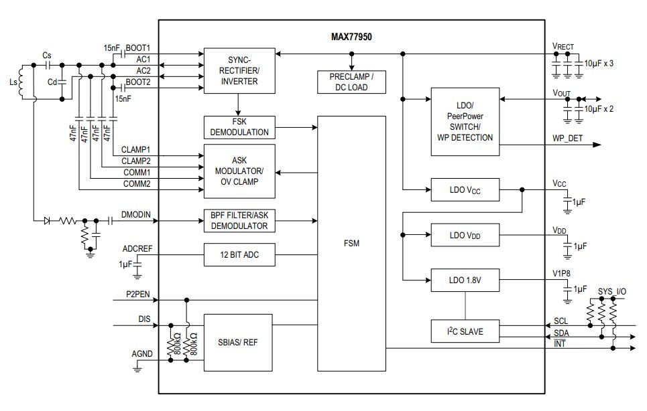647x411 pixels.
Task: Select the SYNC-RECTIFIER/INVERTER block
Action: click(x=239, y=70)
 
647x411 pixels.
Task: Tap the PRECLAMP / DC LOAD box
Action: click(x=352, y=82)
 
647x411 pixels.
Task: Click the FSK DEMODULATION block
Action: click(x=239, y=127)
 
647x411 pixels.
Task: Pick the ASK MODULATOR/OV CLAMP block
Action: click(x=239, y=171)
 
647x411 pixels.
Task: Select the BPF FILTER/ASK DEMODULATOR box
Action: click(x=239, y=220)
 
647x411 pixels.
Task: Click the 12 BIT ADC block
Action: click(x=239, y=255)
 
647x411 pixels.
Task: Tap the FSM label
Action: click(x=351, y=243)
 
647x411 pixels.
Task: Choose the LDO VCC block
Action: click(x=465, y=190)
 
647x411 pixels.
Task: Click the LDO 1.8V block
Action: click(x=465, y=280)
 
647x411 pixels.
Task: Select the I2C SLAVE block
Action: click(x=465, y=331)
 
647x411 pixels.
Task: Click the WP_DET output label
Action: click(x=568, y=139)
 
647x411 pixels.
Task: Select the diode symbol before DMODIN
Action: click(x=48, y=220)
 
